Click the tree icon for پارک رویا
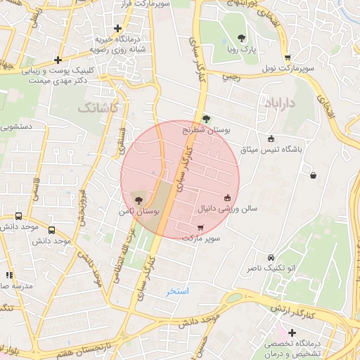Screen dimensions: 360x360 pyautogui.click(x=242, y=39)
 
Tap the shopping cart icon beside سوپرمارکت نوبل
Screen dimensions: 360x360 pyautogui.click(x=287, y=58)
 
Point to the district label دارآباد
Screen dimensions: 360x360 pyautogui.click(x=280, y=103)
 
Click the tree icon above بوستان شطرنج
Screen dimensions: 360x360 pyautogui.click(x=206, y=119)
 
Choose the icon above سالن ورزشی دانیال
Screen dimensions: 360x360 pyautogui.click(x=227, y=198)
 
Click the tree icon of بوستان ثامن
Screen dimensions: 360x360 pyautogui.click(x=137, y=200)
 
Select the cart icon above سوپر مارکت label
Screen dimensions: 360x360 pyautogui.click(x=200, y=227)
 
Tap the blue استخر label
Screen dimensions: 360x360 pyautogui.click(x=178, y=290)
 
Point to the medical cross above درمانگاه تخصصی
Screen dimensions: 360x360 pyautogui.click(x=292, y=333)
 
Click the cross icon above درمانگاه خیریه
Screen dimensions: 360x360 pyautogui.click(x=117, y=28)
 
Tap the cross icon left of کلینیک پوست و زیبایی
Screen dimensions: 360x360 pyautogui.click(x=57, y=60)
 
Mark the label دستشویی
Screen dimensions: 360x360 pyautogui.click(x=18, y=128)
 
